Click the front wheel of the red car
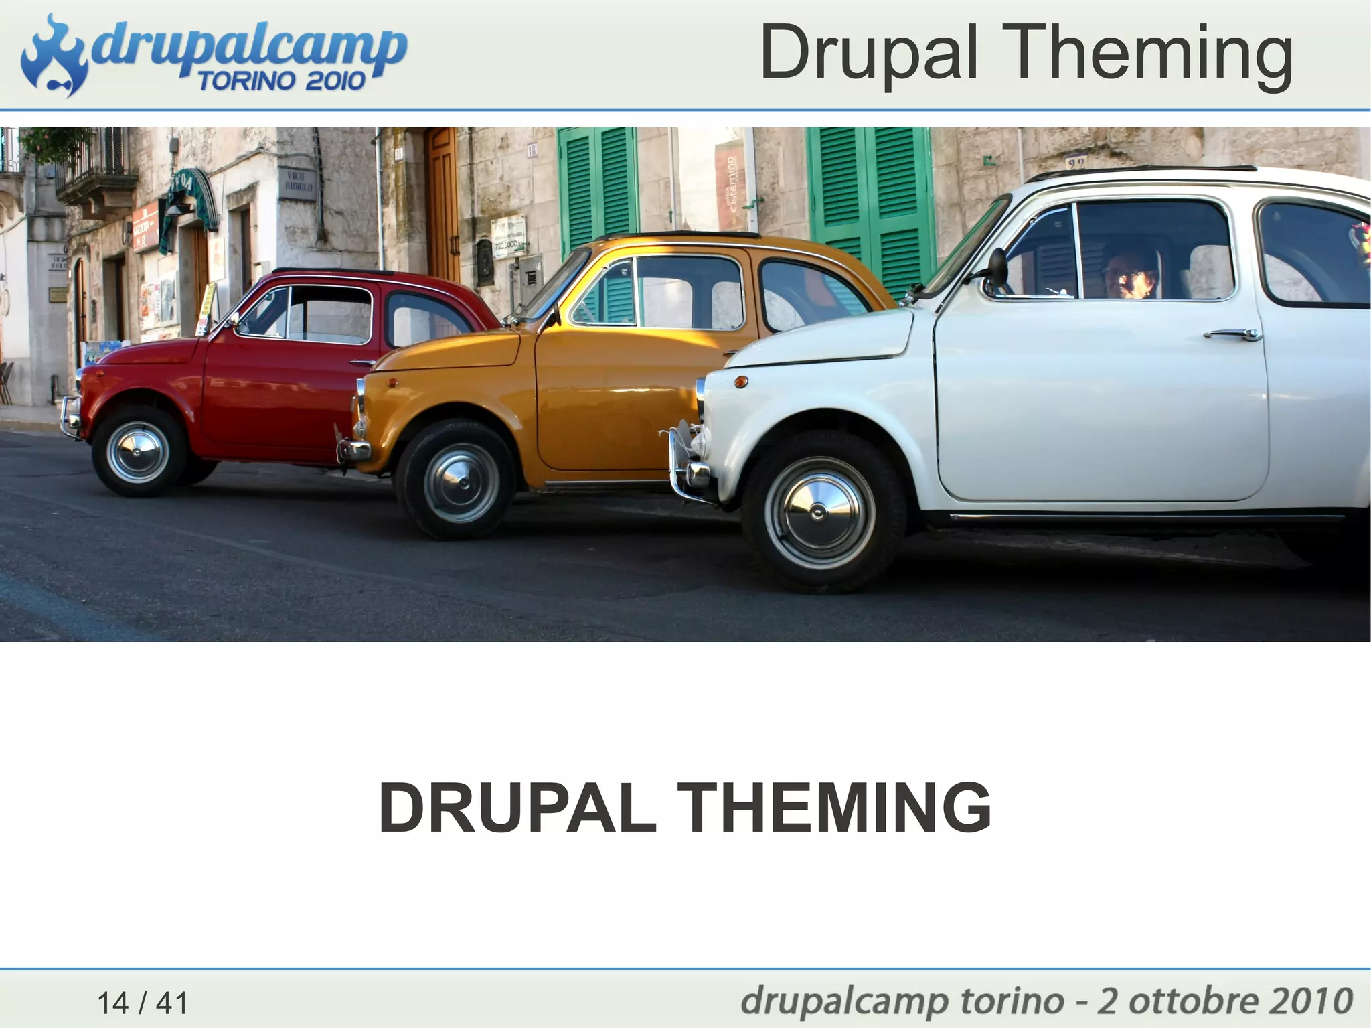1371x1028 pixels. [x=138, y=451]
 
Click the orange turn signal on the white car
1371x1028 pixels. [x=741, y=382]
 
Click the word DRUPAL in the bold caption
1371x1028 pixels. [x=517, y=808]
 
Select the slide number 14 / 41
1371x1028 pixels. [x=143, y=1003]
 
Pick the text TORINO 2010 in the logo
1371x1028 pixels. [x=281, y=82]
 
